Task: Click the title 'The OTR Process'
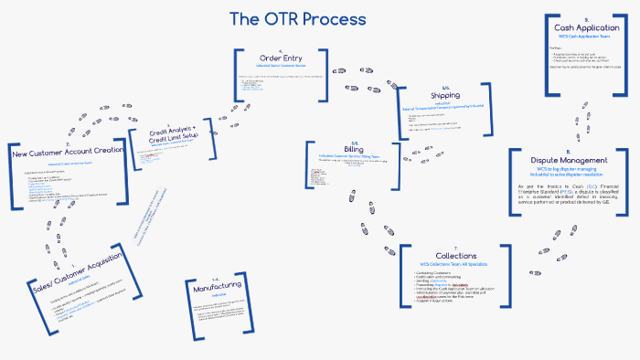(x=297, y=19)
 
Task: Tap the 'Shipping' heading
(x=445, y=95)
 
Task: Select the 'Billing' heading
(x=353, y=148)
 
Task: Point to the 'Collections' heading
(x=455, y=255)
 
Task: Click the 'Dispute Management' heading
(x=568, y=160)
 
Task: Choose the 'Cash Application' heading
(x=586, y=27)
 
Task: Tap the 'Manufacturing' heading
(x=217, y=287)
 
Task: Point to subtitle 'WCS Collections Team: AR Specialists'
(x=455, y=263)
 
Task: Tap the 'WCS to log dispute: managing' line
(x=568, y=168)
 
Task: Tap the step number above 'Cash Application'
(x=586, y=19)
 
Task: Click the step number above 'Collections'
(x=455, y=247)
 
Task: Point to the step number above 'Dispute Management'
(x=568, y=152)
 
